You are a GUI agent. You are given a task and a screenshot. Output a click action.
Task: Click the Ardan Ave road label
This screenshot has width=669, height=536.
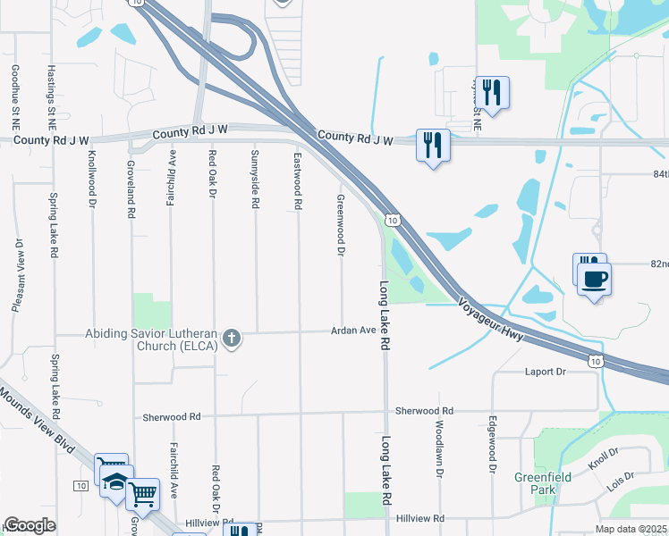[355, 330]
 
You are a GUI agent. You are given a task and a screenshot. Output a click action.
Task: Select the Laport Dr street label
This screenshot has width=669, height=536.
[547, 371]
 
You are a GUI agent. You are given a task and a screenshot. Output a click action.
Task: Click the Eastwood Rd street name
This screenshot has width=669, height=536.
[298, 181]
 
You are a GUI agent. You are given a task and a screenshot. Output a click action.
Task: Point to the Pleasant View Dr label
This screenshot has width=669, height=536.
[17, 274]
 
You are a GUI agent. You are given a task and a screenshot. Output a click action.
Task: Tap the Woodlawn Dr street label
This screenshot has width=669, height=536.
[439, 447]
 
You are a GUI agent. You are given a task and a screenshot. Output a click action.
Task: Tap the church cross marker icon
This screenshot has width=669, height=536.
[232, 339]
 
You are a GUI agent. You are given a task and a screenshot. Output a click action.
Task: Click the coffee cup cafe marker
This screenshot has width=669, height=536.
[594, 278]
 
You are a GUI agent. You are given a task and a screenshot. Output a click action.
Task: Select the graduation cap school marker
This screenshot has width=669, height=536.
[116, 483]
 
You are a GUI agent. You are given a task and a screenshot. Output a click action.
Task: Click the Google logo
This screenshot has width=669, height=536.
[30, 526]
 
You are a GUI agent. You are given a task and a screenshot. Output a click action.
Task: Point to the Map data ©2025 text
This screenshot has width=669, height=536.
[630, 529]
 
